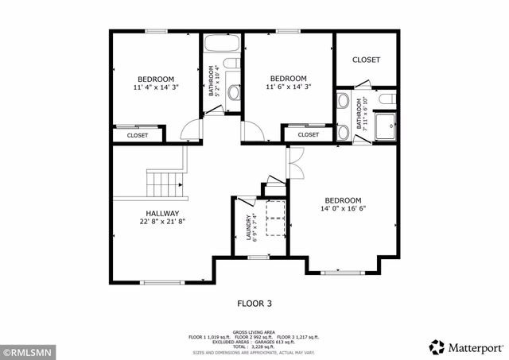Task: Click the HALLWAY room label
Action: [156, 214]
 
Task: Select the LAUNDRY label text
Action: [249, 228]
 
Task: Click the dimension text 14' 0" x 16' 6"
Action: [344, 209]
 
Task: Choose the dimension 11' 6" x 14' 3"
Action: [288, 87]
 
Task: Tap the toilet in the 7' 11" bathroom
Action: [387, 100]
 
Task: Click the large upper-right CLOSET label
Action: [366, 60]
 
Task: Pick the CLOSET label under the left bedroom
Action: [138, 136]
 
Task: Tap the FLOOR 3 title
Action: [254, 303]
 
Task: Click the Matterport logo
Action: [466, 346]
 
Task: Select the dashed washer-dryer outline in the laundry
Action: [274, 219]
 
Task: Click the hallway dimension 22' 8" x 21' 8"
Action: [156, 223]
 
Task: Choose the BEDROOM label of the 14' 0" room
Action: [344, 199]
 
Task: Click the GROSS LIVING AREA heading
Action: [254, 331]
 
